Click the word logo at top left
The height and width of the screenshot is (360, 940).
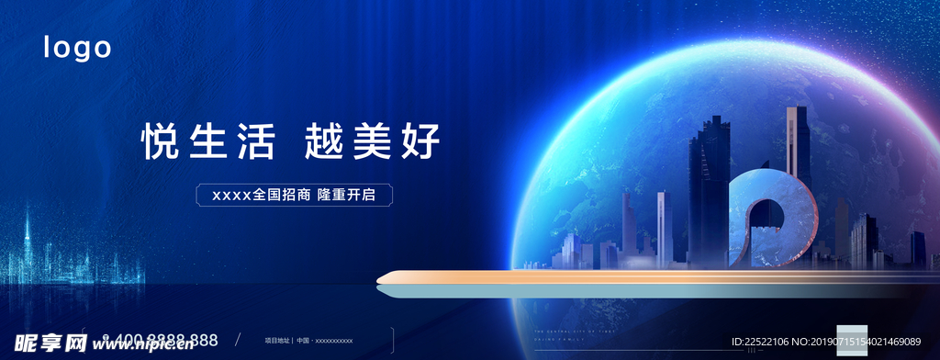[x=78, y=48]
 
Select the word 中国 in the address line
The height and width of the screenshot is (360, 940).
[x=302, y=340]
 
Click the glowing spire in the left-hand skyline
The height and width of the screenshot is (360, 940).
[x=28, y=230]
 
